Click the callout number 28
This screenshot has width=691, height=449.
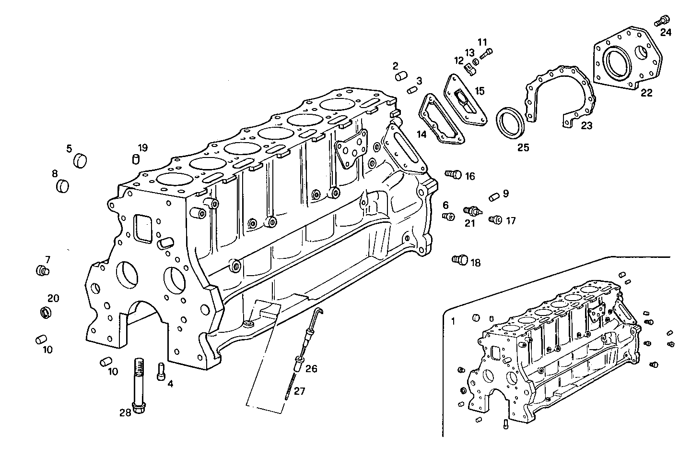pos(125,412)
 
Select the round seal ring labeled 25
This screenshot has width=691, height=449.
pos(509,124)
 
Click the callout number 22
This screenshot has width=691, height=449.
pos(646,93)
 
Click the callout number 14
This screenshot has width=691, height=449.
pos(421,134)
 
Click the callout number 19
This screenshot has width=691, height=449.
pos(143,147)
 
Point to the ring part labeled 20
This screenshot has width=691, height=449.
pos(45,313)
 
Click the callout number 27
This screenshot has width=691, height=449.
pos(300,391)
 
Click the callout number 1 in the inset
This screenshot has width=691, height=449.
pos(453,320)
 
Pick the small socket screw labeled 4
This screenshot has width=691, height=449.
pos(161,371)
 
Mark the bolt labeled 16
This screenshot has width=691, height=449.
pos(453,174)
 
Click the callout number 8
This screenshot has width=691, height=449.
pos(55,173)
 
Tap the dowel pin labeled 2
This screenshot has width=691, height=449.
pos(401,76)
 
